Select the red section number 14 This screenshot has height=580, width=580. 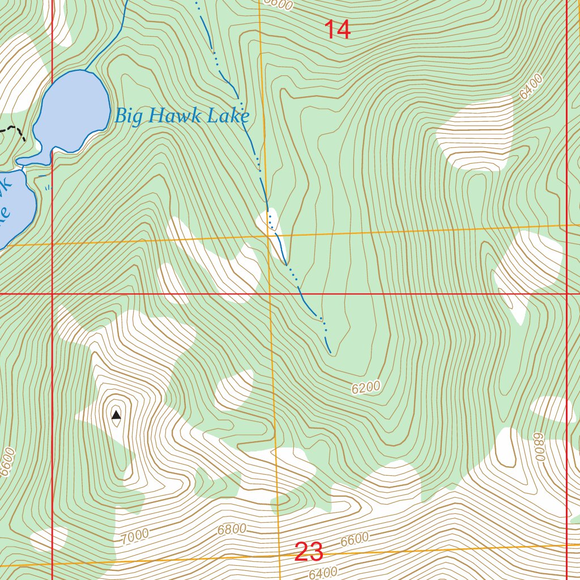pos(338,30)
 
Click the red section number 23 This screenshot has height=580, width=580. pos(309,552)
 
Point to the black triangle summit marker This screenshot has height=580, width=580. pos(116,415)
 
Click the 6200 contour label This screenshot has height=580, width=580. pos(366,388)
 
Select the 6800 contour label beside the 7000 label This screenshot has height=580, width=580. pos(232,530)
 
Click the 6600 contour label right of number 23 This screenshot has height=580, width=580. pos(355,539)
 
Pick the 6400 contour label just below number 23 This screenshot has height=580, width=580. pos(323,572)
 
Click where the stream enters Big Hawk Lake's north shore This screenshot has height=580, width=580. pos(85,70)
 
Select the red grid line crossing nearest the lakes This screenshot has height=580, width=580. pos(52,294)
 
